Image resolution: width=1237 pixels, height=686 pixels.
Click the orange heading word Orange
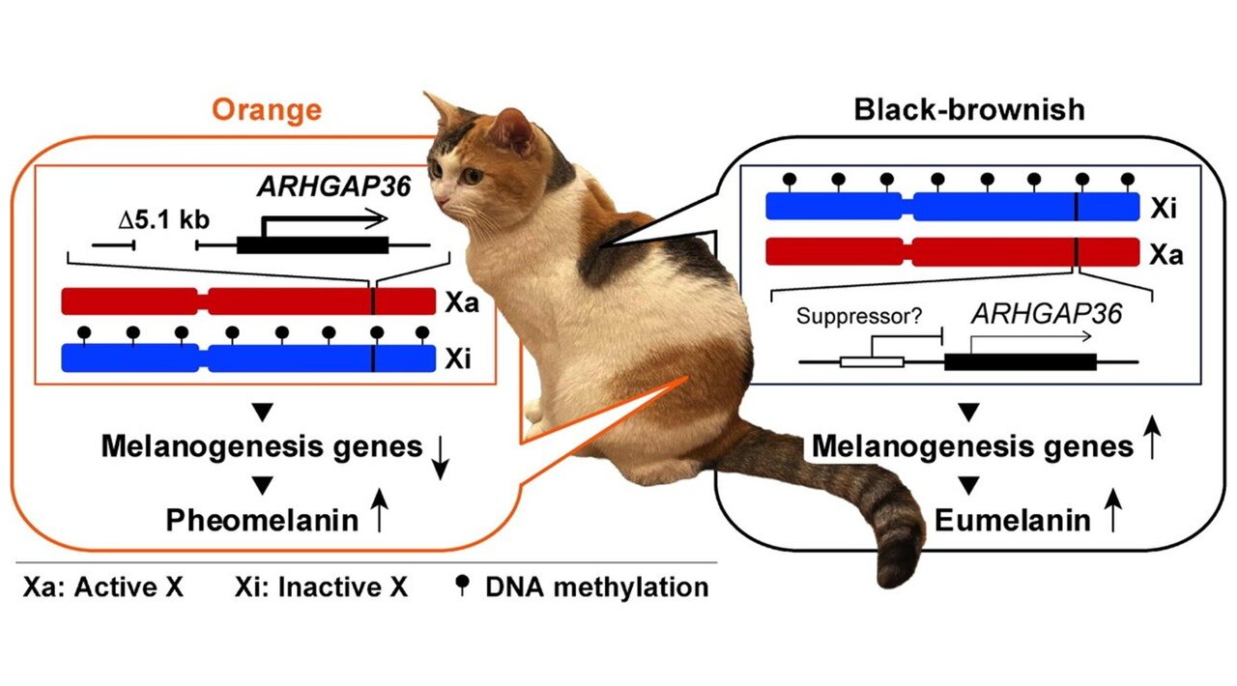(x=266, y=109)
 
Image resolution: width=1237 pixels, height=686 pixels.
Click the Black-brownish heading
(x=968, y=109)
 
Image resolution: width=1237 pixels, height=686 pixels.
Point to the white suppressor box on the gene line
(x=871, y=362)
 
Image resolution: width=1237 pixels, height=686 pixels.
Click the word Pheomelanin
(x=261, y=521)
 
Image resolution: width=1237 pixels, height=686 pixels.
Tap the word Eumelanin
(x=1012, y=522)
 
